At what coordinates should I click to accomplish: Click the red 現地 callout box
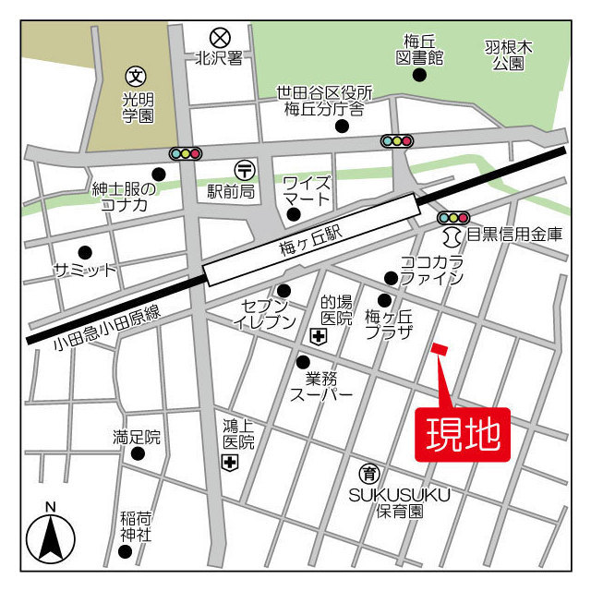coord(467,432)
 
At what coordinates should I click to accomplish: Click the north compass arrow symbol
coord(50,536)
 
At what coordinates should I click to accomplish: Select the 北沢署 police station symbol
coord(219,38)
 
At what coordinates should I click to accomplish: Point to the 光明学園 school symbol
coord(137,76)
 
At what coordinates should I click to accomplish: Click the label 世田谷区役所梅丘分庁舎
coord(325,101)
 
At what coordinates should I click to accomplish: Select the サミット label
coord(85,270)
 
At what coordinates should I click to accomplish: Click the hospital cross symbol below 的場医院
coord(319,338)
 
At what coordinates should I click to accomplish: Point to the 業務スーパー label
coord(321,386)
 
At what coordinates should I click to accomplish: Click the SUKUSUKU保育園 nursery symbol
coord(369,474)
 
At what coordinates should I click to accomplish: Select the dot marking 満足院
coord(138,453)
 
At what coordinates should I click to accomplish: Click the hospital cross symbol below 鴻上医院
coord(229,463)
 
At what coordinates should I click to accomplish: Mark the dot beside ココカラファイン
coord(391,278)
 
